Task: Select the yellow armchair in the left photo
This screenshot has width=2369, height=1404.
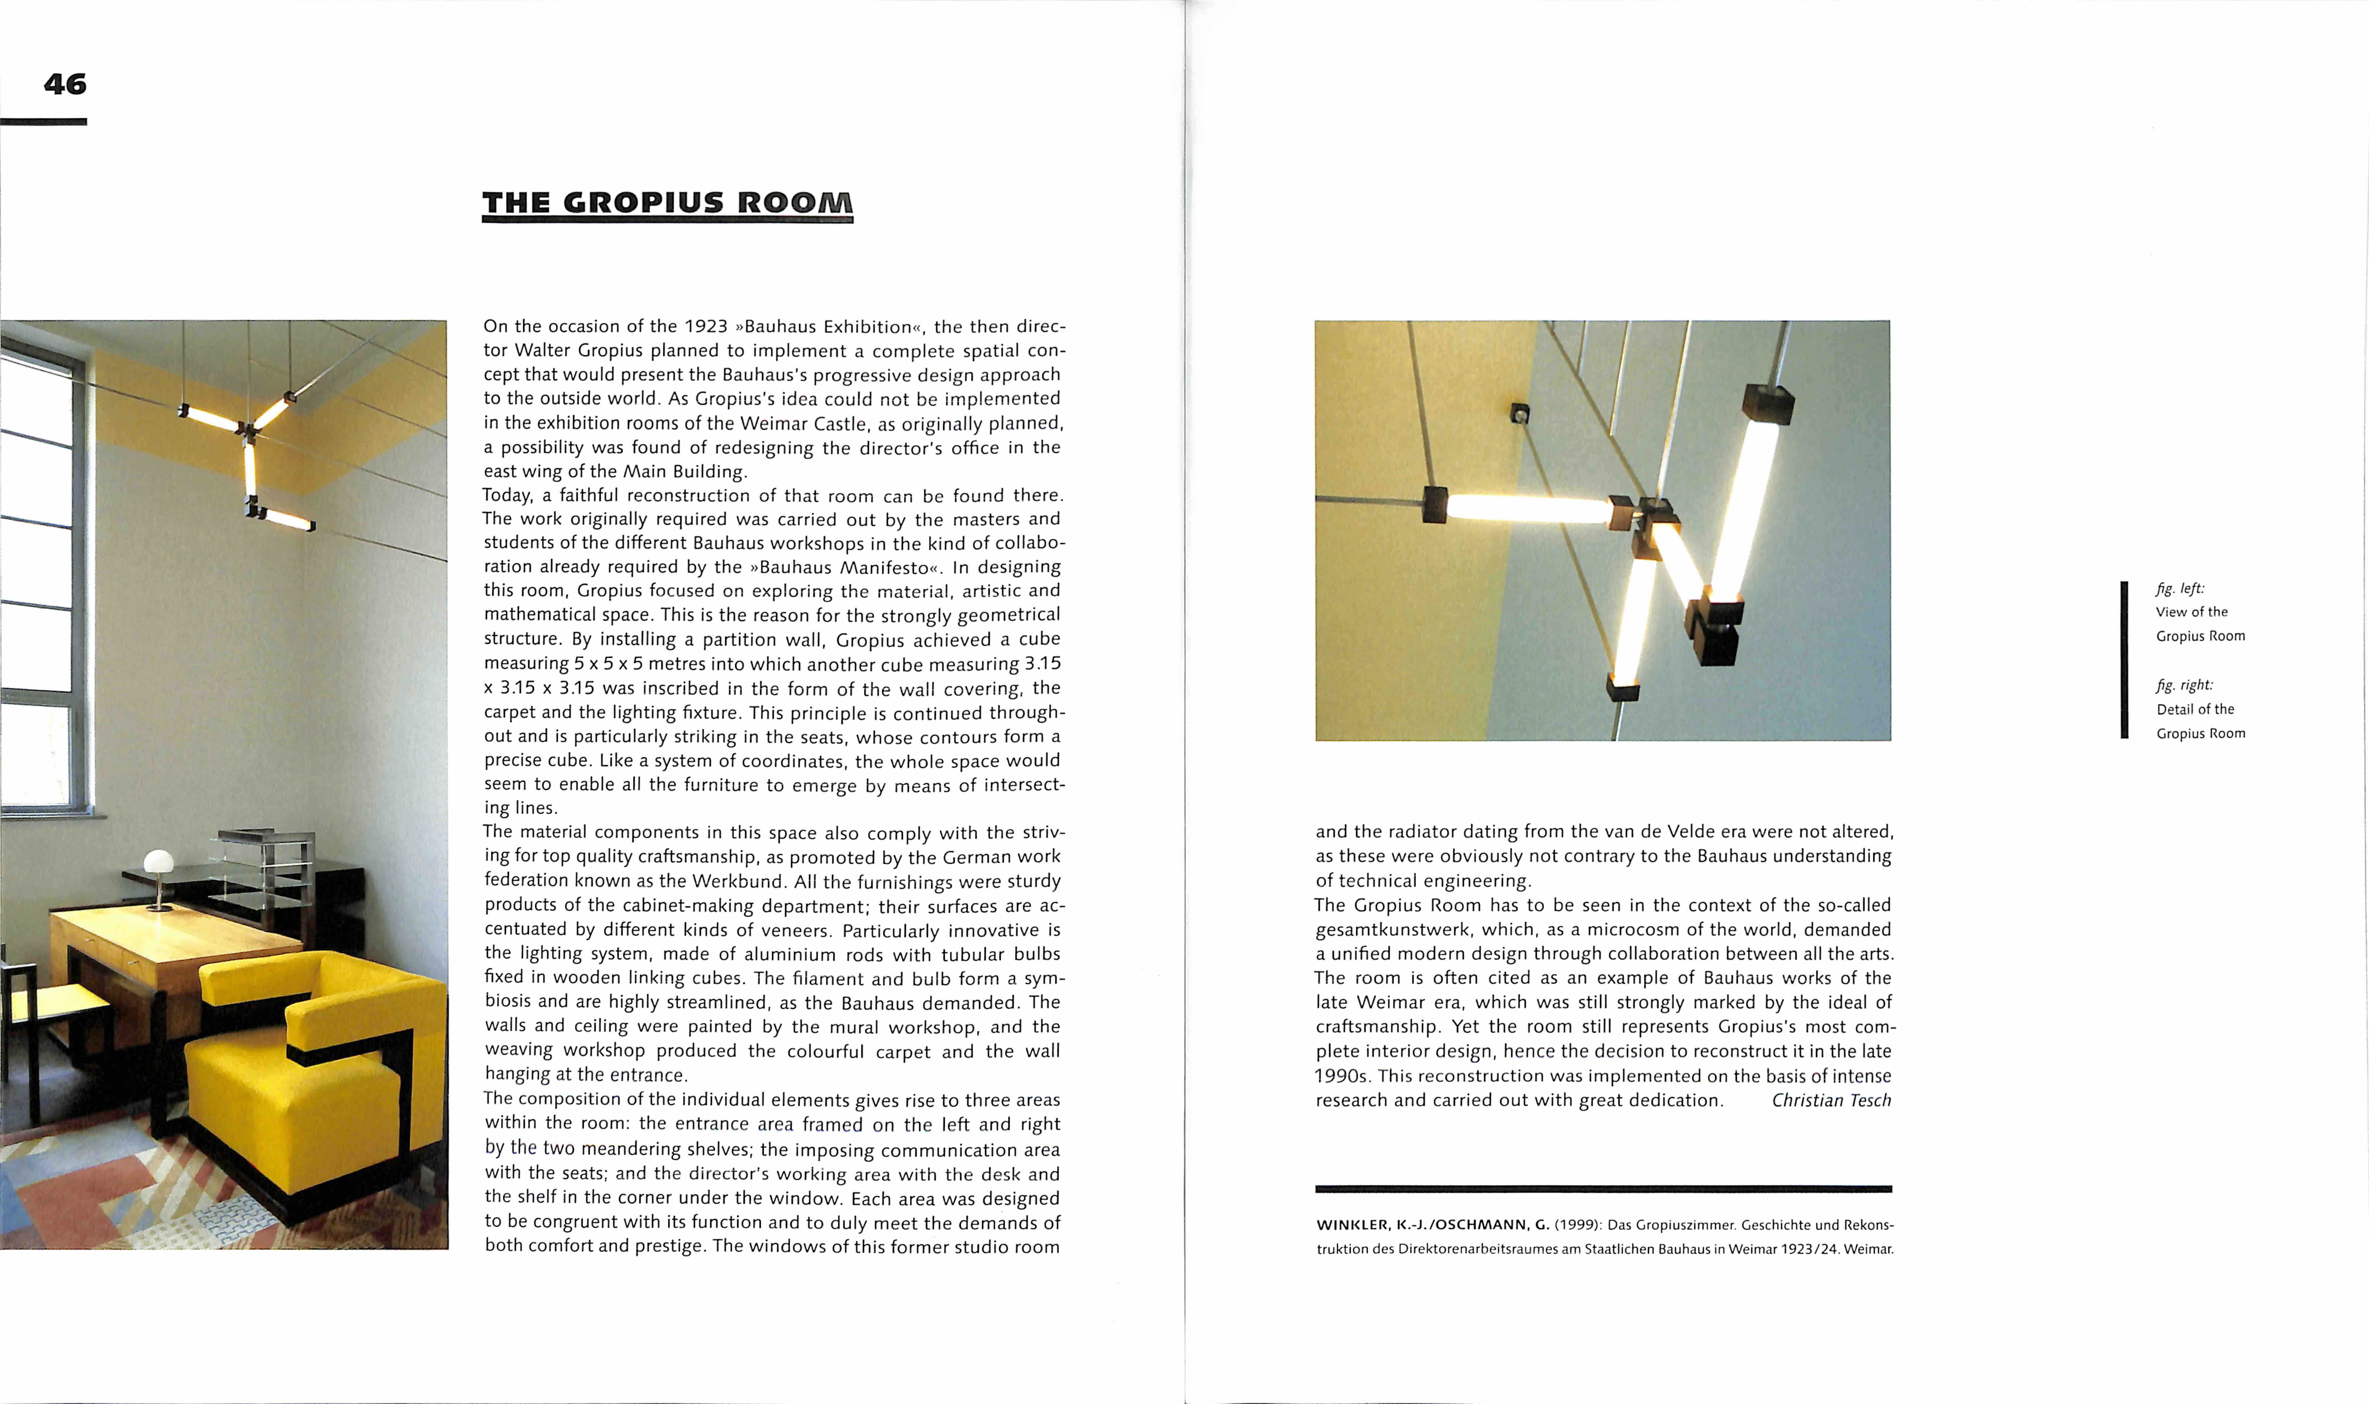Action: [312, 1069]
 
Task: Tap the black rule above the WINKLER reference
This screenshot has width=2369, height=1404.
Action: [1603, 1188]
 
